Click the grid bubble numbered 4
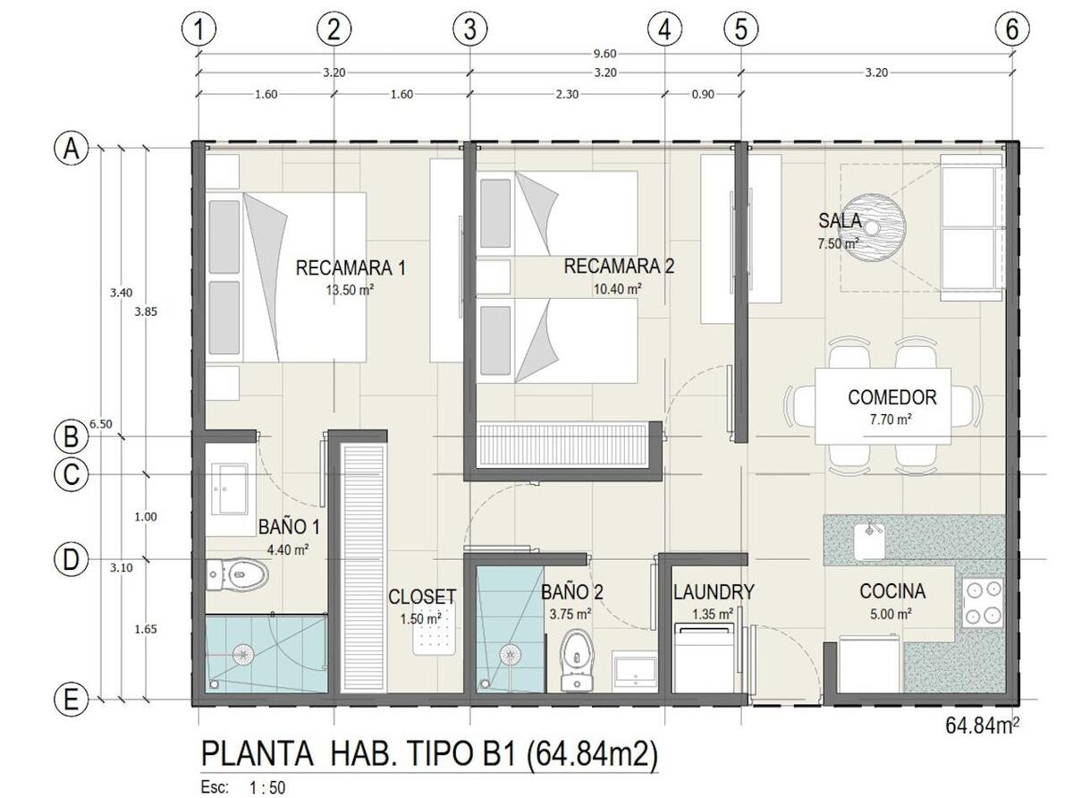[664, 29]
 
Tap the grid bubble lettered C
[72, 474]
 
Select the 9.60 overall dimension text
[604, 54]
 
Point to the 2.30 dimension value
[567, 94]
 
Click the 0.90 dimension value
[703, 94]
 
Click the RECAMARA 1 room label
[351, 267]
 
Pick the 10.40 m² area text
[618, 289]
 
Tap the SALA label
[840, 221]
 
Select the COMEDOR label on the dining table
[892, 397]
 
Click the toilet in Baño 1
[237, 575]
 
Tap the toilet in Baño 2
[577, 660]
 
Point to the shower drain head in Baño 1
[243, 654]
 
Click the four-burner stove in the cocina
[982, 603]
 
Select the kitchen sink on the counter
[869, 541]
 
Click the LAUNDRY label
[714, 591]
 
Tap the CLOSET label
[422, 597]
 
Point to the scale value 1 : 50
[267, 787]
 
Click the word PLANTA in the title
[257, 754]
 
